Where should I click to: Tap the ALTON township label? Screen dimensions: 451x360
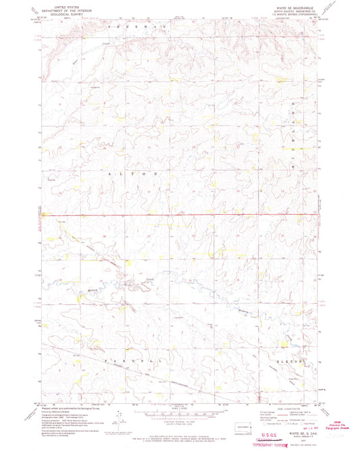click(135, 174)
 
